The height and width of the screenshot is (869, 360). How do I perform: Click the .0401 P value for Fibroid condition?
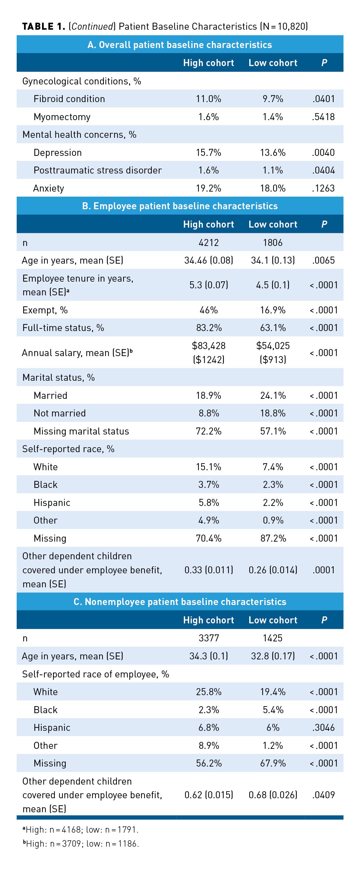click(x=323, y=99)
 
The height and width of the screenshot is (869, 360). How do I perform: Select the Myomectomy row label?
click(x=62, y=117)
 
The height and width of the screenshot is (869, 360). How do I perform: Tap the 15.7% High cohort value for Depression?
click(x=209, y=153)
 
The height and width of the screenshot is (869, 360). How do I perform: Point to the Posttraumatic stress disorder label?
click(x=97, y=170)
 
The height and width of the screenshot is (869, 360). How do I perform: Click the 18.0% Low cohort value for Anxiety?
click(x=273, y=188)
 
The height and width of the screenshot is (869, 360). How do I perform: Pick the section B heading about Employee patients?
click(x=180, y=206)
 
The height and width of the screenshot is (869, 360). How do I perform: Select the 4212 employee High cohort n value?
click(x=209, y=243)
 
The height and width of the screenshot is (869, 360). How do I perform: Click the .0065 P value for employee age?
click(x=323, y=260)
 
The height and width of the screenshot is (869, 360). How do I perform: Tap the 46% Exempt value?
click(x=209, y=310)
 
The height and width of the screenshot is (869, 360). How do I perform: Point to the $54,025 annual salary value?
click(x=273, y=345)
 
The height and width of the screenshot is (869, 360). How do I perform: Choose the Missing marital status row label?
click(x=81, y=431)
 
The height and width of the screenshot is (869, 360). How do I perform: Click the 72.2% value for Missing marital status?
click(x=209, y=431)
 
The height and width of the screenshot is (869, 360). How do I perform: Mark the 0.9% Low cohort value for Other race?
click(x=273, y=520)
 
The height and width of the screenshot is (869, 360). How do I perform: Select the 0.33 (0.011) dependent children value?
click(x=209, y=570)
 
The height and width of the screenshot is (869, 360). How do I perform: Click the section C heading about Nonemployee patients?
click(x=180, y=601)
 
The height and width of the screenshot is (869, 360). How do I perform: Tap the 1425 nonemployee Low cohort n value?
click(x=273, y=638)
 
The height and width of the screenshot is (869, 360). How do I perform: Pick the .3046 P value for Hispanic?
click(x=323, y=727)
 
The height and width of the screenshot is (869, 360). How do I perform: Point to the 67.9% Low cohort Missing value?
click(x=273, y=763)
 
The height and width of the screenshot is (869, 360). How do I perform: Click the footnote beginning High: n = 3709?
click(x=81, y=843)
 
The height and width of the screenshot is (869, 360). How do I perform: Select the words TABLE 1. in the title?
click(x=43, y=26)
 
